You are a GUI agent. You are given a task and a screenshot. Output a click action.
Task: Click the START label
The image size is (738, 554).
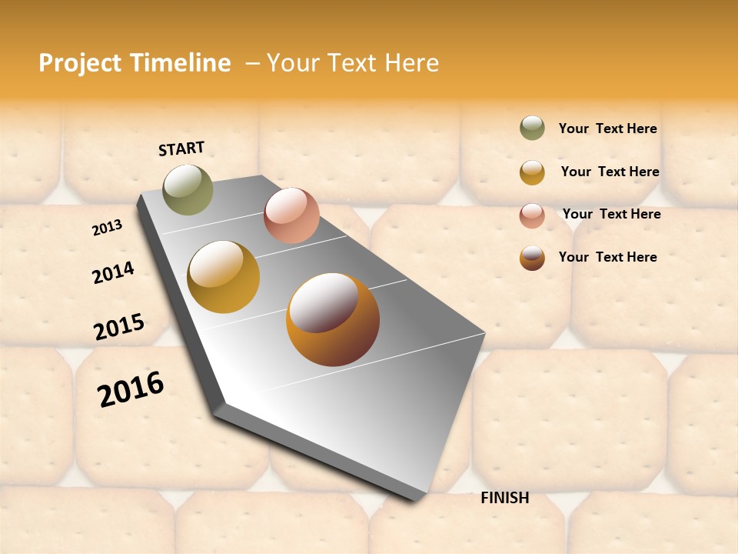[181, 149]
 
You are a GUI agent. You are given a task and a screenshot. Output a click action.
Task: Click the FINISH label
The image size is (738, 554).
[504, 498]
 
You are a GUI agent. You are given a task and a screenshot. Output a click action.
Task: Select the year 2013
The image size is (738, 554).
[107, 228]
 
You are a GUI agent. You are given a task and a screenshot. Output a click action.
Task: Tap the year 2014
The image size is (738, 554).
[113, 273]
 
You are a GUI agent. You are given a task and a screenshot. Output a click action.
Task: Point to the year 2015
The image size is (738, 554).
[119, 327]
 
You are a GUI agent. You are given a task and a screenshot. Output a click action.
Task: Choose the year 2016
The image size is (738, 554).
[131, 389]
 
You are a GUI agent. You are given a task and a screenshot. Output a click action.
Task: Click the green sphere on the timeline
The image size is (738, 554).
[188, 189]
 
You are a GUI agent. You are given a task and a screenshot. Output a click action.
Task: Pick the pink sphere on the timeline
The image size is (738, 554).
[291, 215]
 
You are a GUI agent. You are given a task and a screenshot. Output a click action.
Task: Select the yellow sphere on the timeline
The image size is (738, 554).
[224, 277]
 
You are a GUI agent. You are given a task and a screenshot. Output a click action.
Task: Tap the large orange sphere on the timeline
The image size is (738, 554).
[333, 319]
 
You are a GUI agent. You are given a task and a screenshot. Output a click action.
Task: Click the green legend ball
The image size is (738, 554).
[532, 128]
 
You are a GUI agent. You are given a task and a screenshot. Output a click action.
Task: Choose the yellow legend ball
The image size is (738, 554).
[532, 172]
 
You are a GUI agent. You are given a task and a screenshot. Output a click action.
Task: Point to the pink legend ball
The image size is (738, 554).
[532, 215]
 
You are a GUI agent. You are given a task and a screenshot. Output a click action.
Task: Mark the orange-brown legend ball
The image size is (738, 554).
[532, 258]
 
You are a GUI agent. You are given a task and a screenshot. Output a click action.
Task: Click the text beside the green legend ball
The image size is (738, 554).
[607, 128]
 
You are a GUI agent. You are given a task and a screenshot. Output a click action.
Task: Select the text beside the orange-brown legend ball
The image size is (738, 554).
[607, 257]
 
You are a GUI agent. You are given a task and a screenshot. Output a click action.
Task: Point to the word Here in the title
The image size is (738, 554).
[411, 62]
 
